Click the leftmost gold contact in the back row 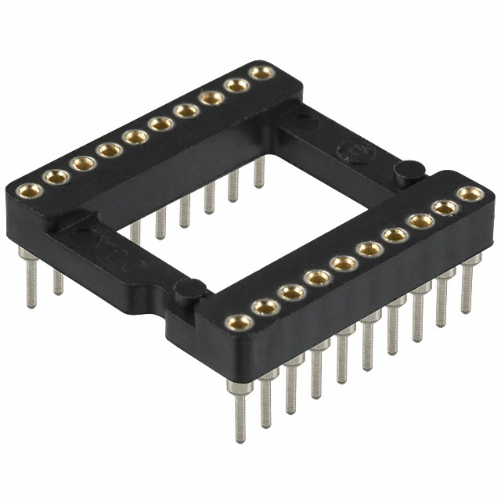pos(30,189)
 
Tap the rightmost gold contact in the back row pos(261,73)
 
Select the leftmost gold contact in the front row pos(238,321)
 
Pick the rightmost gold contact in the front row pos(470,193)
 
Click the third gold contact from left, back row pos(82,164)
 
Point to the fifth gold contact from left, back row pos(135,137)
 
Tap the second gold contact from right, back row pos(236,85)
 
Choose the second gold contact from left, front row pos(265,307)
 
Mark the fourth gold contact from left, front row pos(317,277)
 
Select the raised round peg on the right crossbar pos(409,170)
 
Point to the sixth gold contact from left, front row pos(369,249)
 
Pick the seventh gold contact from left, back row pos(186,111)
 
